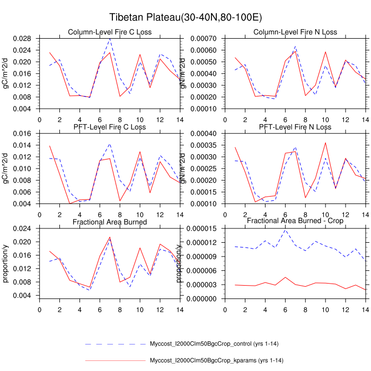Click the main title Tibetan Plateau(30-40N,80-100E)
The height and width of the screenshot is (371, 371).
(185, 17)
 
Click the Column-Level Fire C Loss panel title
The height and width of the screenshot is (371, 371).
(110, 32)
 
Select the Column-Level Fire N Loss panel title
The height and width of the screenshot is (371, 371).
(293, 32)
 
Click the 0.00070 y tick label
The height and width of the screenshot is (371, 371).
(206, 38)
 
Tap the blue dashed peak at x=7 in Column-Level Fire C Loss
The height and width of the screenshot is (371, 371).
(110, 39)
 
